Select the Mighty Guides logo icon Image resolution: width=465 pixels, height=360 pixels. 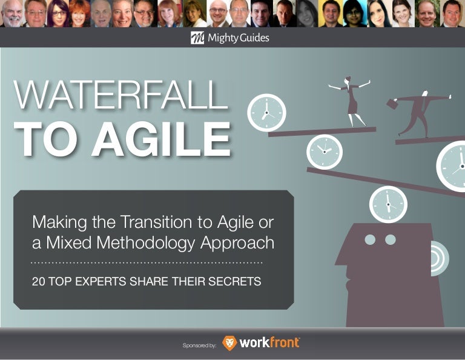pos(197,39)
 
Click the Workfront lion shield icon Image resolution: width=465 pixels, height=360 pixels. pos(230,344)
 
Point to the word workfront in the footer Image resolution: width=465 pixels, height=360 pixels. pos(269,343)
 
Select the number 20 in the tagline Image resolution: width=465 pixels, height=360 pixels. pos(39,281)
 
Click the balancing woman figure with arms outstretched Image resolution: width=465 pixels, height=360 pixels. pos(350,100)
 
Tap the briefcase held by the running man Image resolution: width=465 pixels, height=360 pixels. pos(392,104)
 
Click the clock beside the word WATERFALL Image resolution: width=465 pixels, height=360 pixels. pos(266,113)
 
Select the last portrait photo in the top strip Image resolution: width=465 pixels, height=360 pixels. pos(451,13)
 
